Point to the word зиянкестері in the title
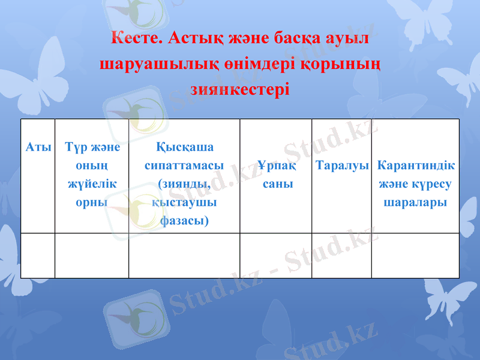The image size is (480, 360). click(239, 90)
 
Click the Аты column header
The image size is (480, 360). click(38, 148)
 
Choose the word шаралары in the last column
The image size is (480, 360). click(415, 202)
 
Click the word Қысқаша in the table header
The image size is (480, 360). click(184, 147)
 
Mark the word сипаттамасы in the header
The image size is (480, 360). click(184, 166)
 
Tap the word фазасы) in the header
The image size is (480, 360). click(184, 221)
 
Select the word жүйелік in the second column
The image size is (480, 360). click(92, 184)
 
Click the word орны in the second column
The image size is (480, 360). click(92, 202)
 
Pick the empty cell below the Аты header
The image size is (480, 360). click(38, 256)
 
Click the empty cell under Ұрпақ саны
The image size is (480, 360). click(275, 256)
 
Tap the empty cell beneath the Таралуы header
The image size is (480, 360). click(341, 256)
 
